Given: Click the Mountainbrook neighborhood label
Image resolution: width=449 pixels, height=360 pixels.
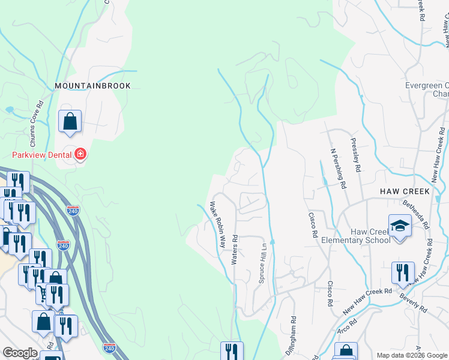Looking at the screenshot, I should tap(92, 86).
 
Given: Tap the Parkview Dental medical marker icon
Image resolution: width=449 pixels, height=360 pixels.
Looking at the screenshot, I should tap(80, 155).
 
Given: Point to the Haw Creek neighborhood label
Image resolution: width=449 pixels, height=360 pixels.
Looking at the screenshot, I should tap(405, 191).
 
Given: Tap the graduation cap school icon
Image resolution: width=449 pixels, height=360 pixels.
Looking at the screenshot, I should tap(400, 226).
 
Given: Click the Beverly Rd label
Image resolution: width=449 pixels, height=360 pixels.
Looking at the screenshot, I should tap(414, 305).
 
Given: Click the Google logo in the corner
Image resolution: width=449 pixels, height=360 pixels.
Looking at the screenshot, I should tap(20, 353).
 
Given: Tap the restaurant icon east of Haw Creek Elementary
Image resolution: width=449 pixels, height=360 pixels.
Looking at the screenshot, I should tap(403, 273).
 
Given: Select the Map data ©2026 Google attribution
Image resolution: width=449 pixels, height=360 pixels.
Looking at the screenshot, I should tap(412, 355).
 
